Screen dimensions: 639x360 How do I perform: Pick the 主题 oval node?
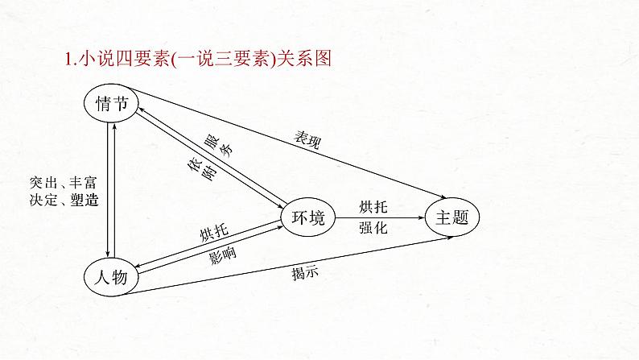coord(456,217)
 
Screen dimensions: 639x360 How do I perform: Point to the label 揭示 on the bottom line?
coord(306,272)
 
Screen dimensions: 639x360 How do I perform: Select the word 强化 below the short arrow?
coord(373,229)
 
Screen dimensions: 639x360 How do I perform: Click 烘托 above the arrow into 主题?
coord(373,206)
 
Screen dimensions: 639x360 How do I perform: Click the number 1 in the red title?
coord(68,58)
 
